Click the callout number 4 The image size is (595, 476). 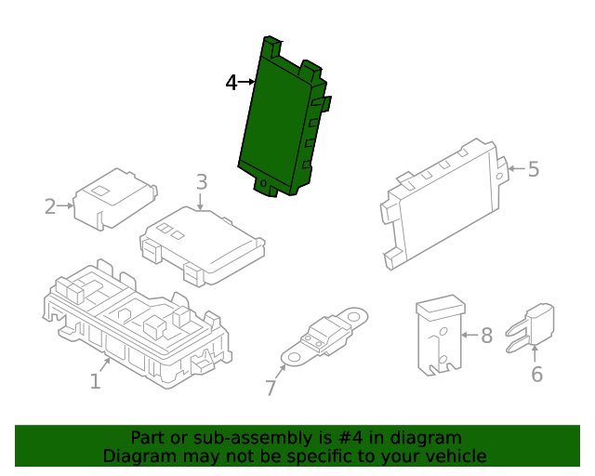tap(231, 83)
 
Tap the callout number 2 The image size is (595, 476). tap(50, 205)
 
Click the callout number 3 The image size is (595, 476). tap(202, 182)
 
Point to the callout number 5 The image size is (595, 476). tap(533, 169)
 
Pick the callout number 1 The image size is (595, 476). tap(95, 381)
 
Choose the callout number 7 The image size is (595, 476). tap(271, 388)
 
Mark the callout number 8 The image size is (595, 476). tap(485, 335)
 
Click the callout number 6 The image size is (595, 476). tap(536, 374)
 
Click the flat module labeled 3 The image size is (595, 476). tap(203, 244)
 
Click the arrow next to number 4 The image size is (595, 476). tap(247, 83)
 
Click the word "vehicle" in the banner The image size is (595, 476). tap(456, 456)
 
